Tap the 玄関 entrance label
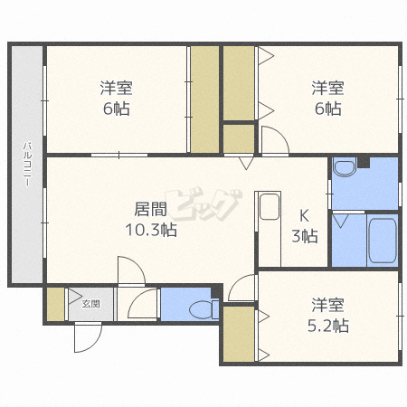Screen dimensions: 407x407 point(90,304)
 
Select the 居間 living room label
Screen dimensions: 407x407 point(149,210)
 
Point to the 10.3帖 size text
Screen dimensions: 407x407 point(150,230)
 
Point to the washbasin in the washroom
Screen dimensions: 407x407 point(345,169)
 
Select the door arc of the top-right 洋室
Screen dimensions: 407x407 point(273,141)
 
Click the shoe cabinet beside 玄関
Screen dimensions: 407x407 point(55,304)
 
